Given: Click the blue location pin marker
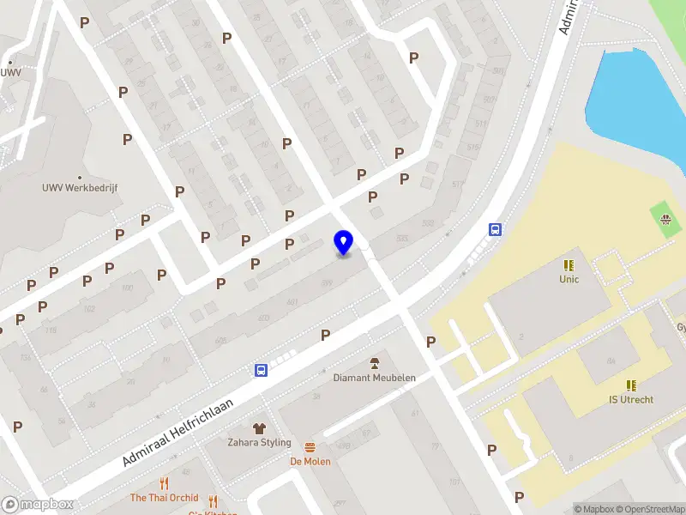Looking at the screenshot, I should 343,242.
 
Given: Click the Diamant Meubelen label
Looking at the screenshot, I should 374,378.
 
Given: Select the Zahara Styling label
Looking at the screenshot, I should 259,443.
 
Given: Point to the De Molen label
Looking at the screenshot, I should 310,461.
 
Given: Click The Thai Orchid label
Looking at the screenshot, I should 164,498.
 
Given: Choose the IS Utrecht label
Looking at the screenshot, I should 631,400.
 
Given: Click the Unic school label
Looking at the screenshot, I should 569,279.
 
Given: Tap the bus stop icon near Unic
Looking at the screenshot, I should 495,229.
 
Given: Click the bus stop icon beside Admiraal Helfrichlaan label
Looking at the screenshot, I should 260,371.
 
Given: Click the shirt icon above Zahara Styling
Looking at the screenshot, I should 259,427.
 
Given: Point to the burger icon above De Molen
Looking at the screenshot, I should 310,447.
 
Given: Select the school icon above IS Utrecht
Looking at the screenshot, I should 631,385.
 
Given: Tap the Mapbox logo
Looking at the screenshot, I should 38,505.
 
